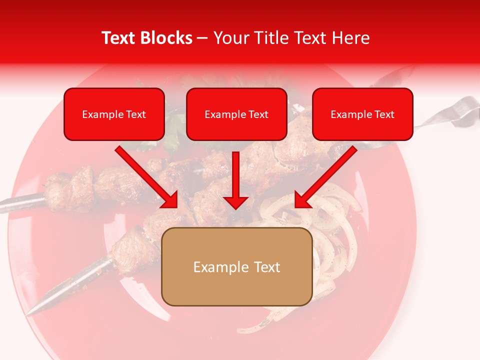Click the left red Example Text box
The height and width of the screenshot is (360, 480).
(114, 114)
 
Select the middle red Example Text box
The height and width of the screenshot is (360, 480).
(236, 114)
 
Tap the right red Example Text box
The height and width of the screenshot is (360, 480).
(362, 114)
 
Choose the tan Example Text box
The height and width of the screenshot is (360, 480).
(237, 266)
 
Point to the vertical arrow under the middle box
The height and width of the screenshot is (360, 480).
(235, 180)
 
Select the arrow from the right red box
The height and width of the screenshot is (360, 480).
(325, 176)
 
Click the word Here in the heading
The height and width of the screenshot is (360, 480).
(349, 38)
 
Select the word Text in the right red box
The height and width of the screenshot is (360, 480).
(384, 114)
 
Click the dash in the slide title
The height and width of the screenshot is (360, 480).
(202, 38)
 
